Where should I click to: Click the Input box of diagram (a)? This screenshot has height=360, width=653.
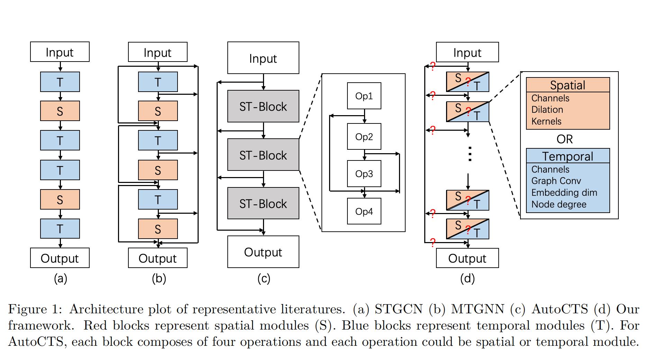coord(60,52)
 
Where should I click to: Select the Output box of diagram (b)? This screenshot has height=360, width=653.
coord(157,258)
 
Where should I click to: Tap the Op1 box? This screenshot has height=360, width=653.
coord(364,96)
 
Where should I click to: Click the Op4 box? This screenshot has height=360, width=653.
coord(364,211)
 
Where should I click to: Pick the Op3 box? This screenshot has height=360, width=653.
coord(364,174)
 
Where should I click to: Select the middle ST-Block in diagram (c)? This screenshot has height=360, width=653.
coord(263,155)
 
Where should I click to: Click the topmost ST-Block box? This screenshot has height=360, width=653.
coord(263,106)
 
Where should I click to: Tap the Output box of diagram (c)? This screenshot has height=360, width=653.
coord(263,252)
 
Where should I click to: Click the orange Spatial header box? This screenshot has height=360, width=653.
coord(568,85)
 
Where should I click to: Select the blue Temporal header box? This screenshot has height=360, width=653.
coord(568,156)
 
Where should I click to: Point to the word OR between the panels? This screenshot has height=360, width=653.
coord(564,139)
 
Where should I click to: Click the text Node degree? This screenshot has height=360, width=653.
coord(559,204)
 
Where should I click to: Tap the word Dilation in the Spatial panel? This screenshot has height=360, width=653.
coord(547,110)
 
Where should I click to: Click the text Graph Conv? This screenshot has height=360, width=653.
coord(556,181)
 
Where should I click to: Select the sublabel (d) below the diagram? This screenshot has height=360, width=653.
coord(467,278)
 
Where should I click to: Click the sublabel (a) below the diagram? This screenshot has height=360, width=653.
coord(60,278)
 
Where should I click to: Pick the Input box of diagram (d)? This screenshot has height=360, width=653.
coord(467,52)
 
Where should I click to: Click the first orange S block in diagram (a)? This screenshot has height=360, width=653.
coord(60,111)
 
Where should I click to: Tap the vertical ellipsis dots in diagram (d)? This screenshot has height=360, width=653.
coord(470,154)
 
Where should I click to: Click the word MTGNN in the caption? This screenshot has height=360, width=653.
coord(477,309)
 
